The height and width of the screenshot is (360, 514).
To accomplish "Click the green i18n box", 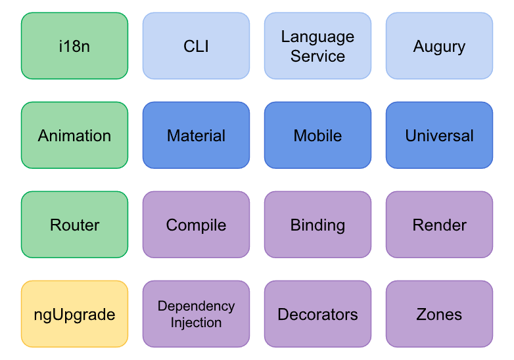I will [74, 46].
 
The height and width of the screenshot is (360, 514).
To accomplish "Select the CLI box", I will [196, 46].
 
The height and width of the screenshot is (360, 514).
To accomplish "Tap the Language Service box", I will [317, 46].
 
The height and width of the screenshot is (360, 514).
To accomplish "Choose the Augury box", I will [439, 46].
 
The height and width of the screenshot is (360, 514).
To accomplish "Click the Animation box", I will [74, 135].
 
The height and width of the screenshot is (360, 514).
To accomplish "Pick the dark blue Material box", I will [196, 135].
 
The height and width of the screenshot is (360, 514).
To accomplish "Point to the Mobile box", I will [317, 135].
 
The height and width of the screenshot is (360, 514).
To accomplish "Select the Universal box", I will [439, 135].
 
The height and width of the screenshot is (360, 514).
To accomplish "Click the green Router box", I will [74, 225].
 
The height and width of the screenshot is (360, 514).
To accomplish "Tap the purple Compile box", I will [196, 225].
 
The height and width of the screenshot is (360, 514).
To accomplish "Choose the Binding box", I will [317, 225].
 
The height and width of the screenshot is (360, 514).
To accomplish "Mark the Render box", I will [439, 225].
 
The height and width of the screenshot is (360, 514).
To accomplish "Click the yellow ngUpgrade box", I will [74, 314].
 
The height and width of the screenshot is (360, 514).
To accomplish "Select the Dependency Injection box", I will [196, 314].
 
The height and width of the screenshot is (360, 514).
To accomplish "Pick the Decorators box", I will [317, 314].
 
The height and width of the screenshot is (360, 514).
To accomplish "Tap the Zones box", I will [439, 314].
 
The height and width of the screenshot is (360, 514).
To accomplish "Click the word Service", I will [317, 56].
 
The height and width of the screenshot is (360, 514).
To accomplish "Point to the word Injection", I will [196, 323].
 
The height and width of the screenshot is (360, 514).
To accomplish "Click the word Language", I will [317, 37].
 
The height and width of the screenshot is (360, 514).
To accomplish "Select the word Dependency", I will [196, 306].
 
